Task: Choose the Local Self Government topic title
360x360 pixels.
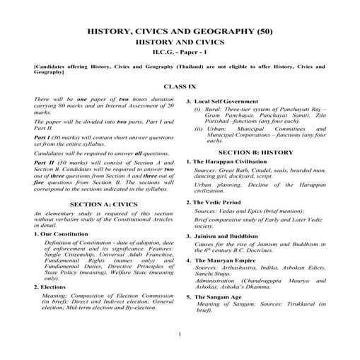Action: [233, 102]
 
